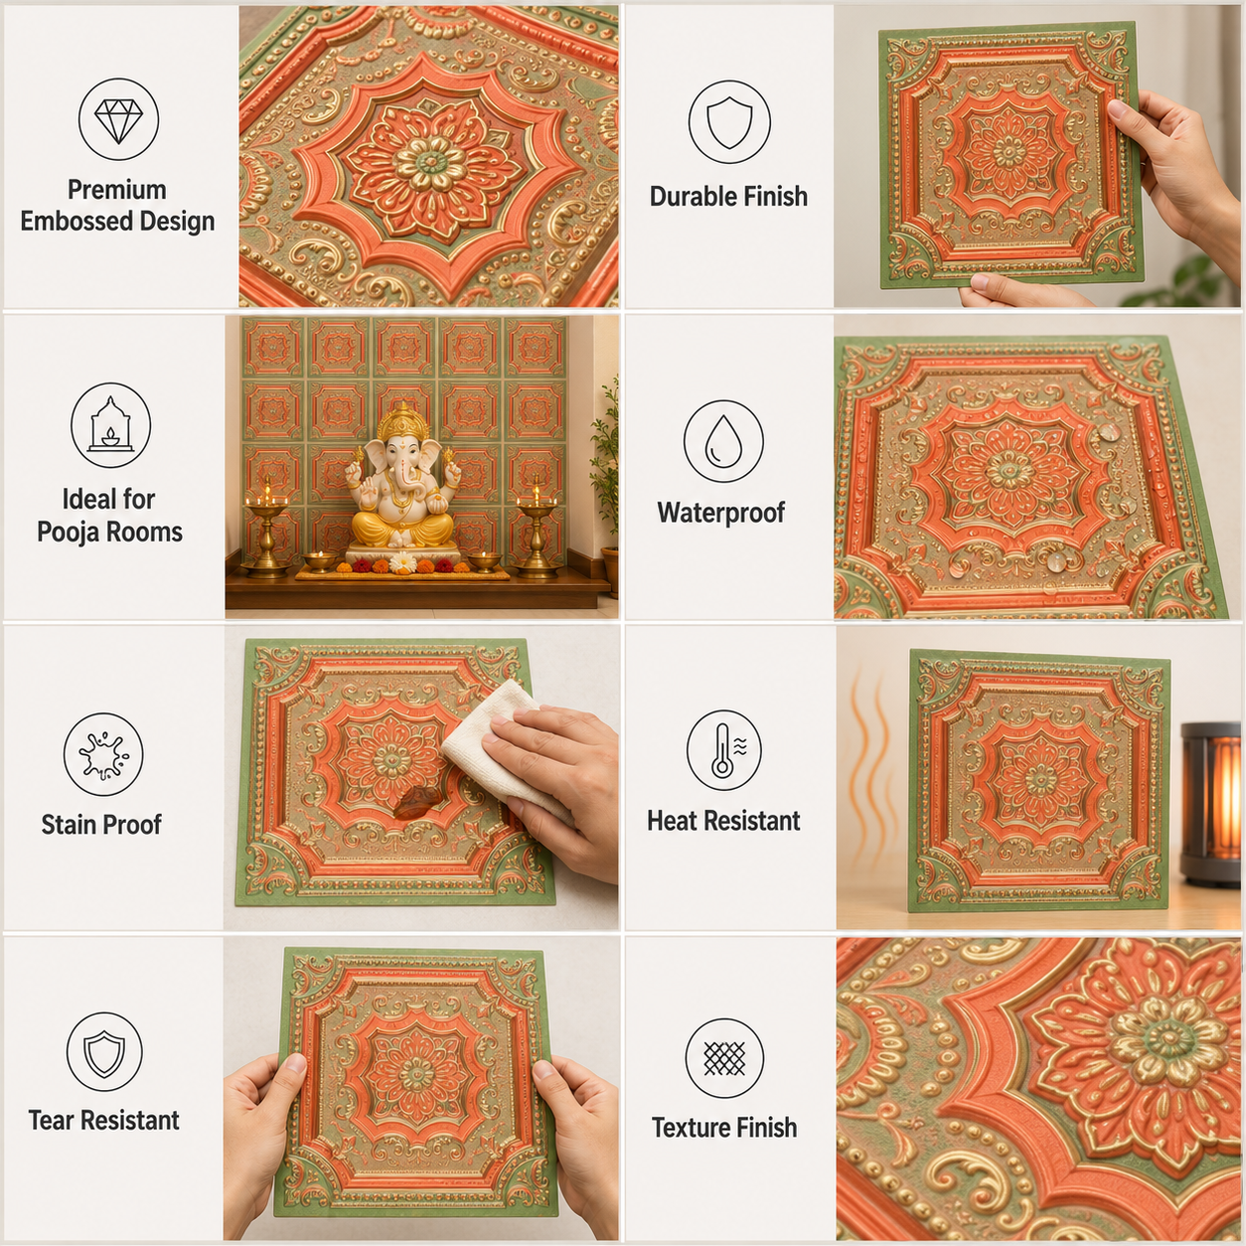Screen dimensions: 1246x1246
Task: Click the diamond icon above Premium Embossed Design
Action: pyautogui.click(x=118, y=119)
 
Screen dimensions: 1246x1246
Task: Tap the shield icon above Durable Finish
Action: pyautogui.click(x=729, y=122)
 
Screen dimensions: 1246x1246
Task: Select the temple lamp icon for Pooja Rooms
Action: pyautogui.click(x=110, y=425)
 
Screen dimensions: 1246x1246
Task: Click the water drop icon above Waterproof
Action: pyautogui.click(x=723, y=441)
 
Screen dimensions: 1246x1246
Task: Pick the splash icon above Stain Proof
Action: pyautogui.click(x=103, y=754)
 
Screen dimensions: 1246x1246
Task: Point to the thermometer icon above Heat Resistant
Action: pyautogui.click(x=724, y=750)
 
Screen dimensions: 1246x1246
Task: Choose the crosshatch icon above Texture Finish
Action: pyautogui.click(x=724, y=1058)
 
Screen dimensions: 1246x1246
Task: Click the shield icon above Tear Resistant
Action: pyautogui.click(x=104, y=1052)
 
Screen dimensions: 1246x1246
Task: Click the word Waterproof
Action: pyautogui.click(x=721, y=513)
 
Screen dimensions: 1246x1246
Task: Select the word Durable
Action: pyautogui.click(x=692, y=197)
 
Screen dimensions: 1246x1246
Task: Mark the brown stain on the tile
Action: pyautogui.click(x=417, y=803)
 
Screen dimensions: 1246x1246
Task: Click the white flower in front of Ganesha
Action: pyautogui.click(x=403, y=563)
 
